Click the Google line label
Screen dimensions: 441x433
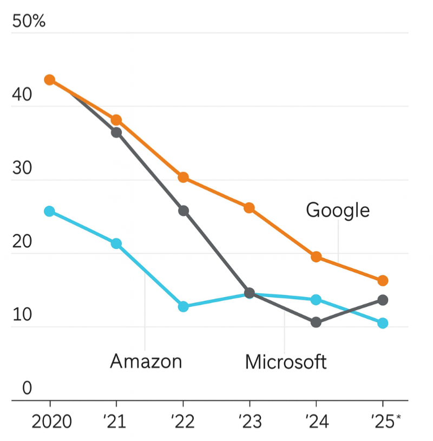click(338, 210)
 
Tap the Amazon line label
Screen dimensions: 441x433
click(146, 361)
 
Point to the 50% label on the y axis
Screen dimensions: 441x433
click(29, 22)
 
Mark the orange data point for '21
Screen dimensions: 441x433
click(116, 120)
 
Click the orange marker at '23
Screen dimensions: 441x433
click(250, 208)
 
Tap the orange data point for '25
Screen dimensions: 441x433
click(383, 280)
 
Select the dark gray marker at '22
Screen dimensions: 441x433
click(183, 210)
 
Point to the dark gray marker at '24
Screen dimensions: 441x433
click(316, 322)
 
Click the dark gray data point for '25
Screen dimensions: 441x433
click(383, 300)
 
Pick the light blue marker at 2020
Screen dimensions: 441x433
click(49, 211)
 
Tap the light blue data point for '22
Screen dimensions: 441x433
click(183, 307)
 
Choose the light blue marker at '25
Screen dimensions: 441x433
click(383, 323)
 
